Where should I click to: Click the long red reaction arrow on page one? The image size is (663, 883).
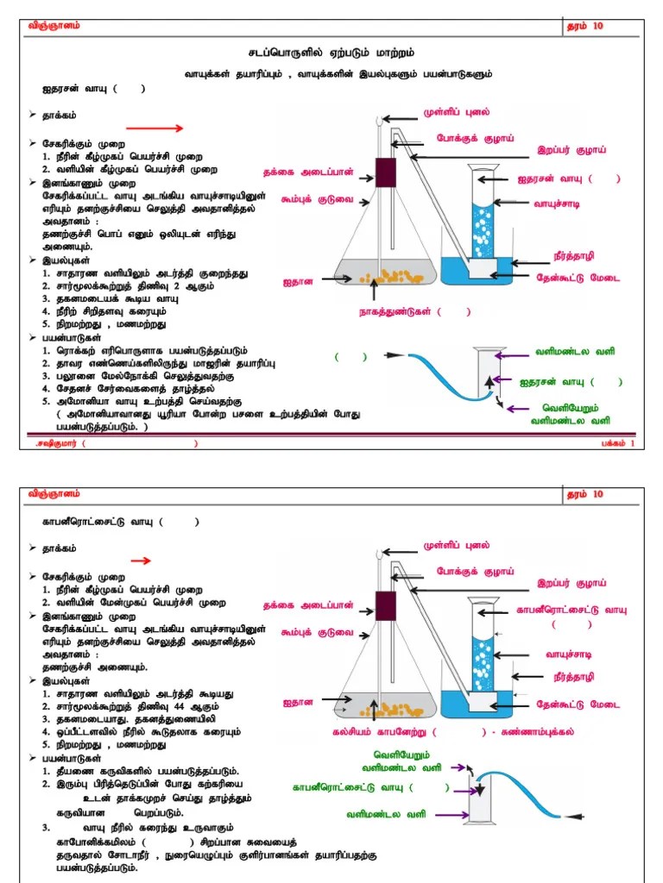pyautogui.click(x=156, y=128)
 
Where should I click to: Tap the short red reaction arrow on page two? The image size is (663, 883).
pyautogui.click(x=141, y=560)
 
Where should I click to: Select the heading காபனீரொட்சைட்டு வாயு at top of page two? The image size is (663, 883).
pyautogui.click(x=98, y=522)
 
